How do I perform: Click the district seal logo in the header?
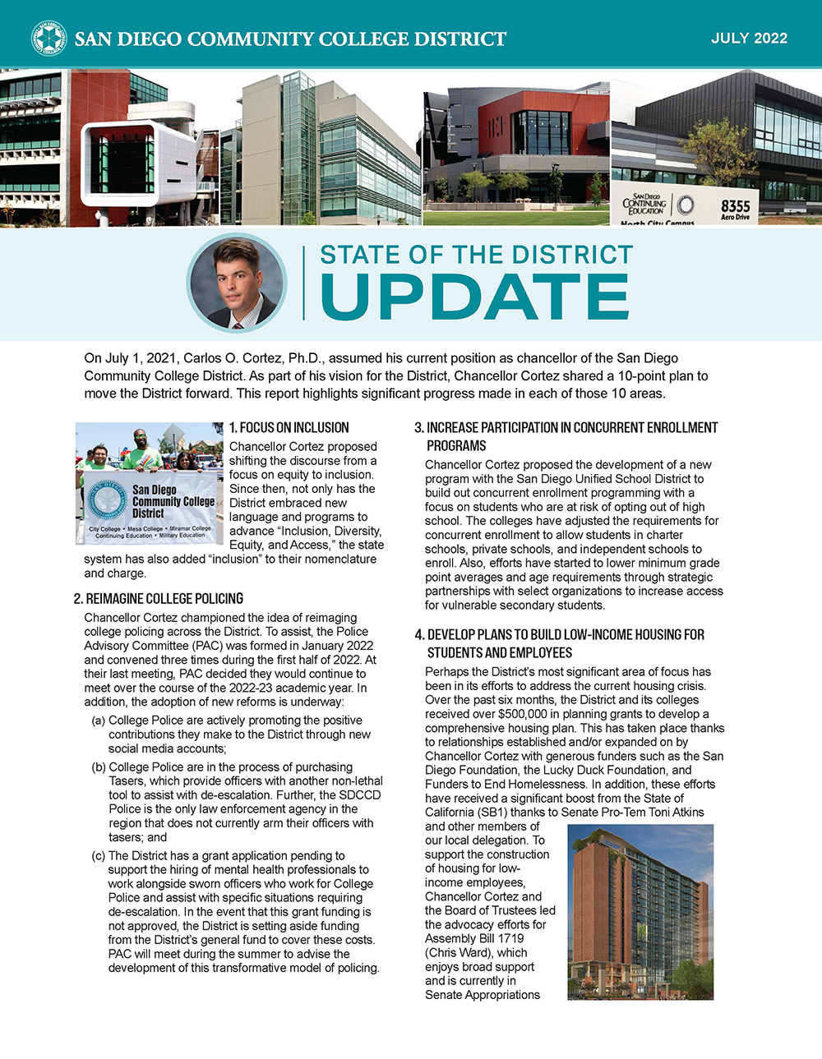(x=48, y=38)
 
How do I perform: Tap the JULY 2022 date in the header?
(x=749, y=39)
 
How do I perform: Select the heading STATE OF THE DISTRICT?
(x=476, y=255)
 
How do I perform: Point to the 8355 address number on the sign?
(x=735, y=205)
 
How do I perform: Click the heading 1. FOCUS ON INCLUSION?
(x=289, y=427)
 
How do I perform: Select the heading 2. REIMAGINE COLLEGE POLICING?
(x=159, y=599)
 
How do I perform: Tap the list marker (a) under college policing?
(x=98, y=721)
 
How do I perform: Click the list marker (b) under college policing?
(x=98, y=767)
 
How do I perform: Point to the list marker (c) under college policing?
(x=98, y=856)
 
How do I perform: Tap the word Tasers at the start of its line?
(x=127, y=781)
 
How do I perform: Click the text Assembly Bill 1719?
(x=474, y=938)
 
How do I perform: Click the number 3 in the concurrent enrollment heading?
(x=418, y=428)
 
